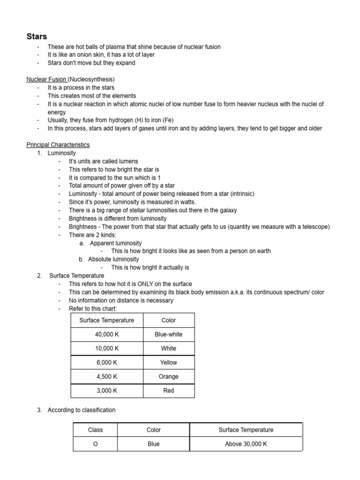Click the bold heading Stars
[x=37, y=37]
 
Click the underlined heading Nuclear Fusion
[x=46, y=79]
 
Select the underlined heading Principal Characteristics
[x=58, y=145]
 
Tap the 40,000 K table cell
[x=106, y=334]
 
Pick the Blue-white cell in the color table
[x=168, y=334]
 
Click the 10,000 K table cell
[x=106, y=348]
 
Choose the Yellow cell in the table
[x=168, y=362]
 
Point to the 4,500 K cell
[x=106, y=376]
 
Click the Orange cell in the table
[x=168, y=376]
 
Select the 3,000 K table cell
[x=106, y=390]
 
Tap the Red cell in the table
[x=168, y=390]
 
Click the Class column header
[x=95, y=430]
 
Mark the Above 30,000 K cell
[x=246, y=444]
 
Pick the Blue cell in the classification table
[x=153, y=444]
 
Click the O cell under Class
[x=95, y=444]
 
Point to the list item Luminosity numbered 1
[x=61, y=153]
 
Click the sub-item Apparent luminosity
[x=116, y=243]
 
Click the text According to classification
[x=81, y=410]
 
